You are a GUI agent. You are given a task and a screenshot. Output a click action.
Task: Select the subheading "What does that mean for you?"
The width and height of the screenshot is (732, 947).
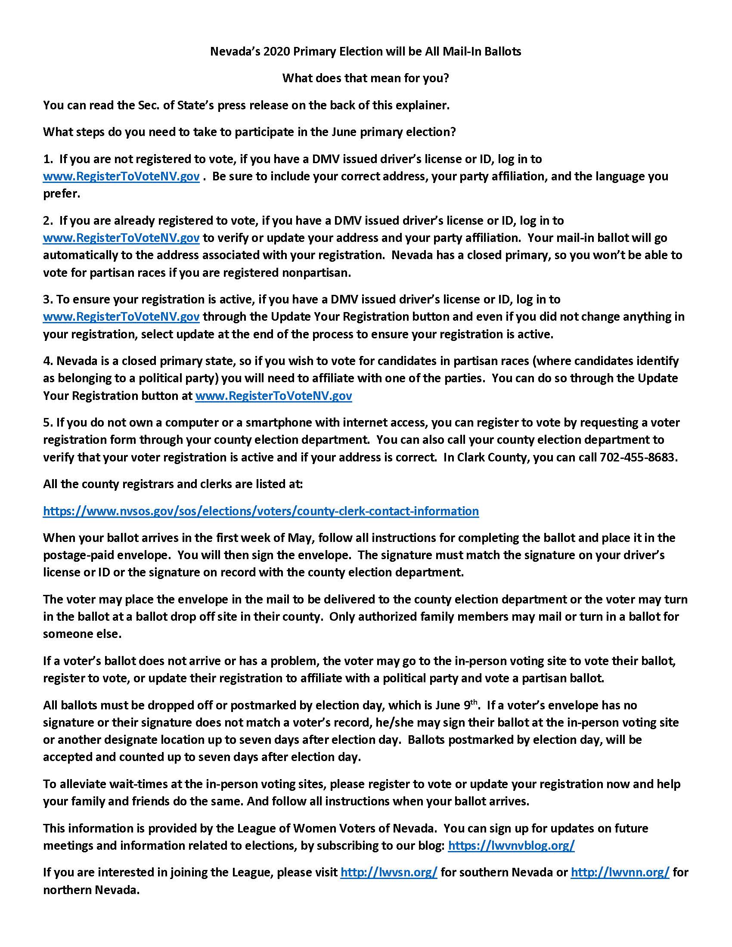(365, 78)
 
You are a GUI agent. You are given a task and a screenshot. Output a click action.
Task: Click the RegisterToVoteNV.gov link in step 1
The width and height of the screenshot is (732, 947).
(121, 176)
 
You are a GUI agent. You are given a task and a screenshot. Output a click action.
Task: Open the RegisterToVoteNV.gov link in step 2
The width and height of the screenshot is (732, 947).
(121, 238)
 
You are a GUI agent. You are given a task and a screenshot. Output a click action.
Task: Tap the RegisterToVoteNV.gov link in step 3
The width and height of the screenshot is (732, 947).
(121, 317)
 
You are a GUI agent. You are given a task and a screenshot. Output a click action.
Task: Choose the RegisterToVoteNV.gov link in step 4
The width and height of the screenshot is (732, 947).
(273, 396)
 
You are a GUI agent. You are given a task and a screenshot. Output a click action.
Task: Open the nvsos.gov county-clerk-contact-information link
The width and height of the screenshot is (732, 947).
(261, 511)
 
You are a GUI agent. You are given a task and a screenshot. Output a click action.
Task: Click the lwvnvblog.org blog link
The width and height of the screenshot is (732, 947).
(511, 845)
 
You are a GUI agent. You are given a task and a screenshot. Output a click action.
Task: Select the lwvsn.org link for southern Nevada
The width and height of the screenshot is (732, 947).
(388, 872)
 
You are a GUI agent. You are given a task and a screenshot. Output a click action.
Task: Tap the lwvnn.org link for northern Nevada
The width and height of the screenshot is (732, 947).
(620, 872)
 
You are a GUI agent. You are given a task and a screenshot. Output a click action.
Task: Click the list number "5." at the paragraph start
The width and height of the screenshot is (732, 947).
(48, 422)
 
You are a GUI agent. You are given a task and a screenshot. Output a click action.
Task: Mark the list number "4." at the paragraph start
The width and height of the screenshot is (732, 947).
(48, 361)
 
